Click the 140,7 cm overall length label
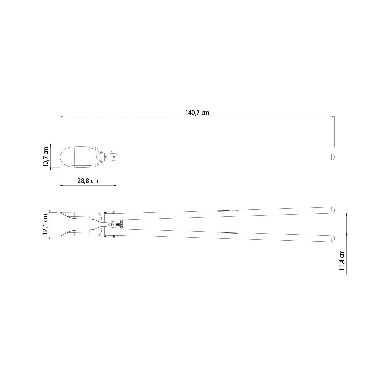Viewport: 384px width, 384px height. pyautogui.click(x=197, y=113)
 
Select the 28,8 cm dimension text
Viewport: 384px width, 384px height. pyautogui.click(x=88, y=181)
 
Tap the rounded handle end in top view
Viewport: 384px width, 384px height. pyautogui.click(x=332, y=157)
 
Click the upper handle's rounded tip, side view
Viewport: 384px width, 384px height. pyautogui.click(x=332, y=210)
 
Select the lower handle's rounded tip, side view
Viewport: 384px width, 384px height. pyautogui.click(x=332, y=238)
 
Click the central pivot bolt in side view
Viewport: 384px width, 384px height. pyautogui.click(x=112, y=224)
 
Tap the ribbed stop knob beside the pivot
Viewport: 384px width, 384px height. pyautogui.click(x=121, y=224)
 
